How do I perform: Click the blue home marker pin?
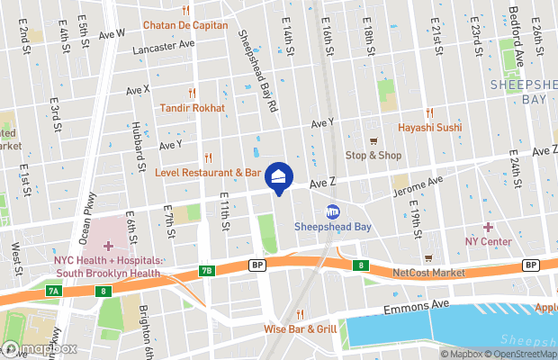pyautogui.click(x=279, y=176)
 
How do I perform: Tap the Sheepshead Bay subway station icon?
pyautogui.click(x=332, y=212)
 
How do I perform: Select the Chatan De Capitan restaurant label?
pyautogui.click(x=186, y=25)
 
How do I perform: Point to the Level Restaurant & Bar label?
pyautogui.click(x=208, y=171)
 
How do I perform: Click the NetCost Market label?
pyautogui.click(x=428, y=272)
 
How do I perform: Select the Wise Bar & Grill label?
pyautogui.click(x=301, y=328)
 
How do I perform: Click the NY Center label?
pyautogui.click(x=488, y=241)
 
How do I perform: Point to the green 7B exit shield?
pyautogui.click(x=208, y=270)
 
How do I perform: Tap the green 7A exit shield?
pyautogui.click(x=53, y=292)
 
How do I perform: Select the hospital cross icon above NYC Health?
pyautogui.click(x=109, y=246)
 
